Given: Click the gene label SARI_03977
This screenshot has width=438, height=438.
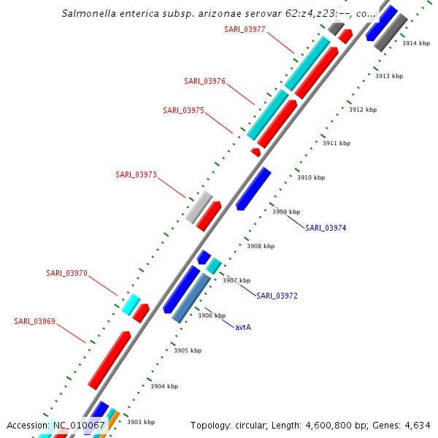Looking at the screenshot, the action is point(245,29).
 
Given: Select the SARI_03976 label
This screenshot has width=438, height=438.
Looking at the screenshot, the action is point(204,81).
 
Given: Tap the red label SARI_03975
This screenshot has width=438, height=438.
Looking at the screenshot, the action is point(183,110).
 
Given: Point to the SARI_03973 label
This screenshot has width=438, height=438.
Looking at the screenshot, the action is point(136,174).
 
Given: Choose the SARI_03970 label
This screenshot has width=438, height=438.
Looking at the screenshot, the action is point(66,273).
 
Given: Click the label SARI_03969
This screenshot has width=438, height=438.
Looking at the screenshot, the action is point(34,321).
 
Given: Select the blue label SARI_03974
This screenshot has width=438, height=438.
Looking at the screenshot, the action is point(326,228).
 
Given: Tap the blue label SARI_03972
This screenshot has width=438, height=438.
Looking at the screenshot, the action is point(277,296).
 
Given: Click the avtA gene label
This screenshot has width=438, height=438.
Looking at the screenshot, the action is point(243,327).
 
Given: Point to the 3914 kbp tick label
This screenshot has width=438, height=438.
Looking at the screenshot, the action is point(416,44).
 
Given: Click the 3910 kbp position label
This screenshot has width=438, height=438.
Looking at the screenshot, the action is point(310,177).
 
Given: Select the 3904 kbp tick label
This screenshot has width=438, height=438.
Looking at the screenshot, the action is point(164,386).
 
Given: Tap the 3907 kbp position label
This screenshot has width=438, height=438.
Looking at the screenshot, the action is point(237,280).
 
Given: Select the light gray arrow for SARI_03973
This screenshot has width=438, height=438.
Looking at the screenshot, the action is point(199,207).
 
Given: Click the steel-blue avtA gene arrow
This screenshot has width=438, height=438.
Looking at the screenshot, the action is point(191,298).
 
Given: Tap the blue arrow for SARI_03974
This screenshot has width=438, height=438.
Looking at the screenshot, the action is point(253,188).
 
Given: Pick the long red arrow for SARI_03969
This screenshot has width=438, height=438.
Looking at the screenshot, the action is point(109,359).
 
